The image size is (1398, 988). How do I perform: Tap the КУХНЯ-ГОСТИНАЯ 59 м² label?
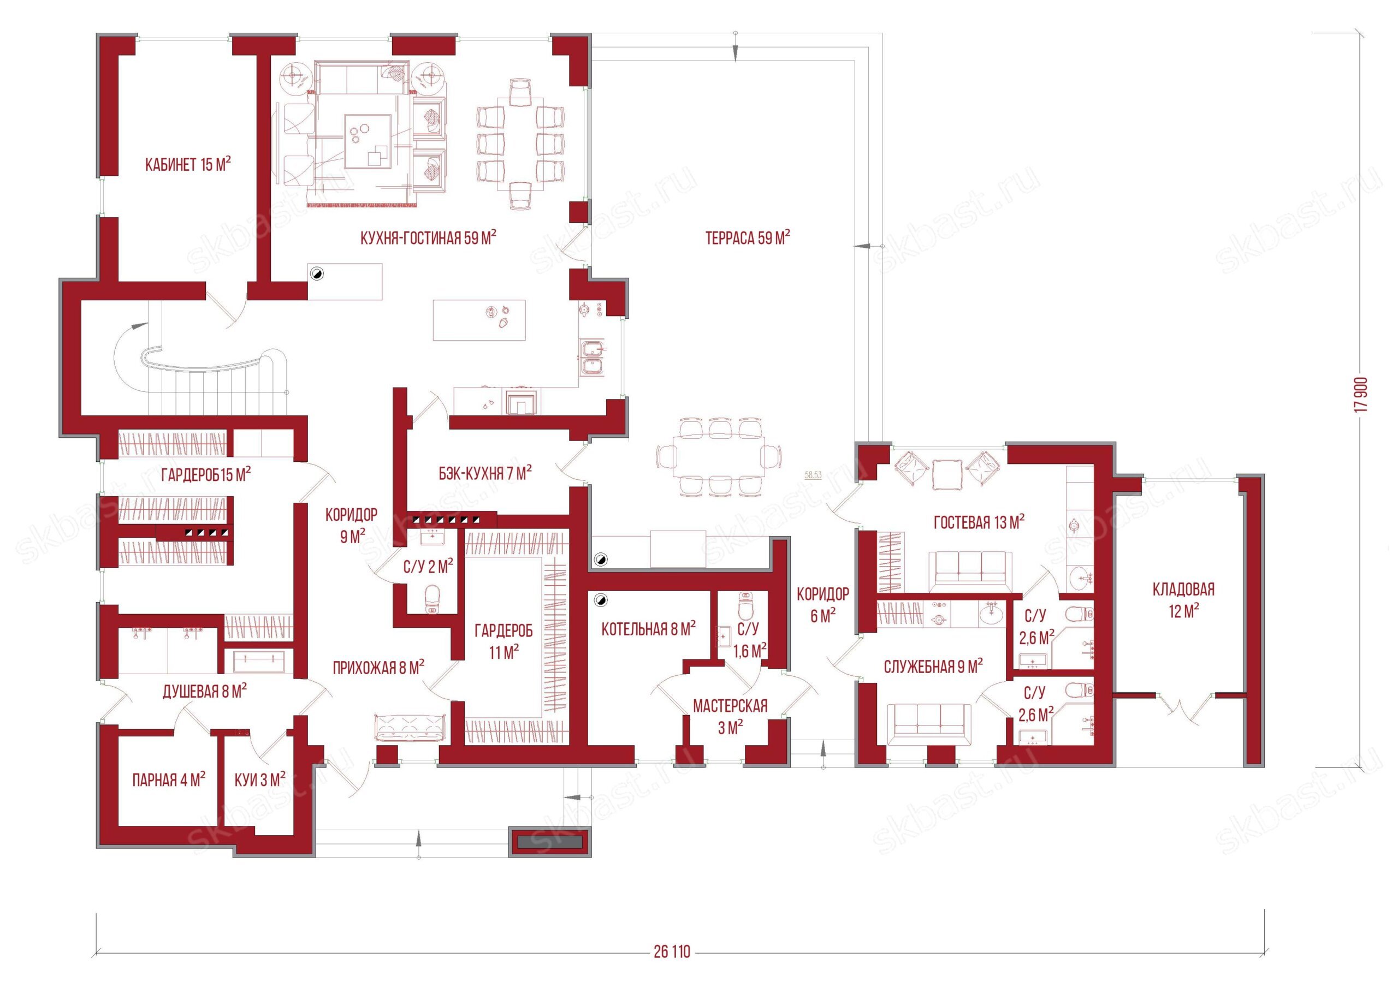pos(428,237)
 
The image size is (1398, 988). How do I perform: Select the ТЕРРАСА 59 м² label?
pos(748,237)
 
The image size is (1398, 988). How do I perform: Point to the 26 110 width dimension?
pos(672,952)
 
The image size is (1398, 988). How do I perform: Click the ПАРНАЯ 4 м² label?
pos(169,780)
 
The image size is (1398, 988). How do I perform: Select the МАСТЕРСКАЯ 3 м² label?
pos(730,717)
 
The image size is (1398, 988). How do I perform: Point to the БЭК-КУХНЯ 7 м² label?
pos(485,473)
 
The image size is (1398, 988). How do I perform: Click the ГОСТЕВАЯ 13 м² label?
pos(979,522)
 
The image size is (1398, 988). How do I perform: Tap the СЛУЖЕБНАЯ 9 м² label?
pos(933,667)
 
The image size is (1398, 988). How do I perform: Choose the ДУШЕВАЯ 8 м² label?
pos(205,692)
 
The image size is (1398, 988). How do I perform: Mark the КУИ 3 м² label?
pos(260,780)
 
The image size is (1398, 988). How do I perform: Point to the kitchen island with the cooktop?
pos(478,319)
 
